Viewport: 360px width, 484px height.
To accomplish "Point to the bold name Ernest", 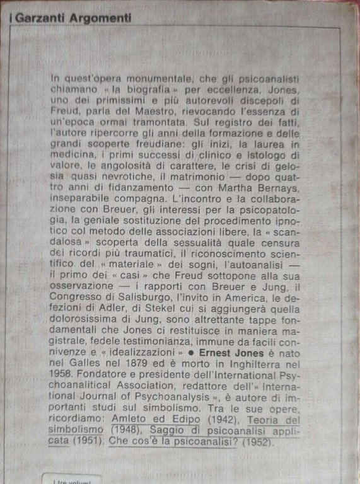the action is pyautogui.click(x=220, y=352).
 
